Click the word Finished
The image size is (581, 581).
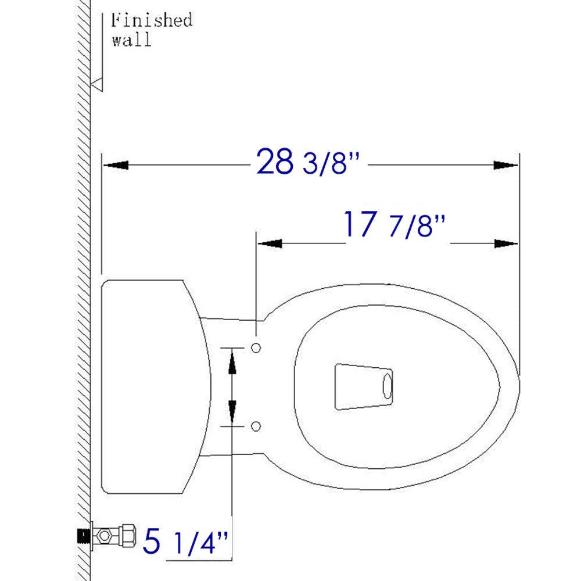[x=151, y=21]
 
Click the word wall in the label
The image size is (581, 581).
[x=131, y=41]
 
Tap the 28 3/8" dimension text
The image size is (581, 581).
[x=309, y=163]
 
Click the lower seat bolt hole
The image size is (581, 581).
[x=256, y=426]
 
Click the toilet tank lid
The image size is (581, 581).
[x=151, y=386]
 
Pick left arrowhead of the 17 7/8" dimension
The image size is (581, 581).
[x=270, y=243]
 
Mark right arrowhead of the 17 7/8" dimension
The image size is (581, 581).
[x=505, y=243]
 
